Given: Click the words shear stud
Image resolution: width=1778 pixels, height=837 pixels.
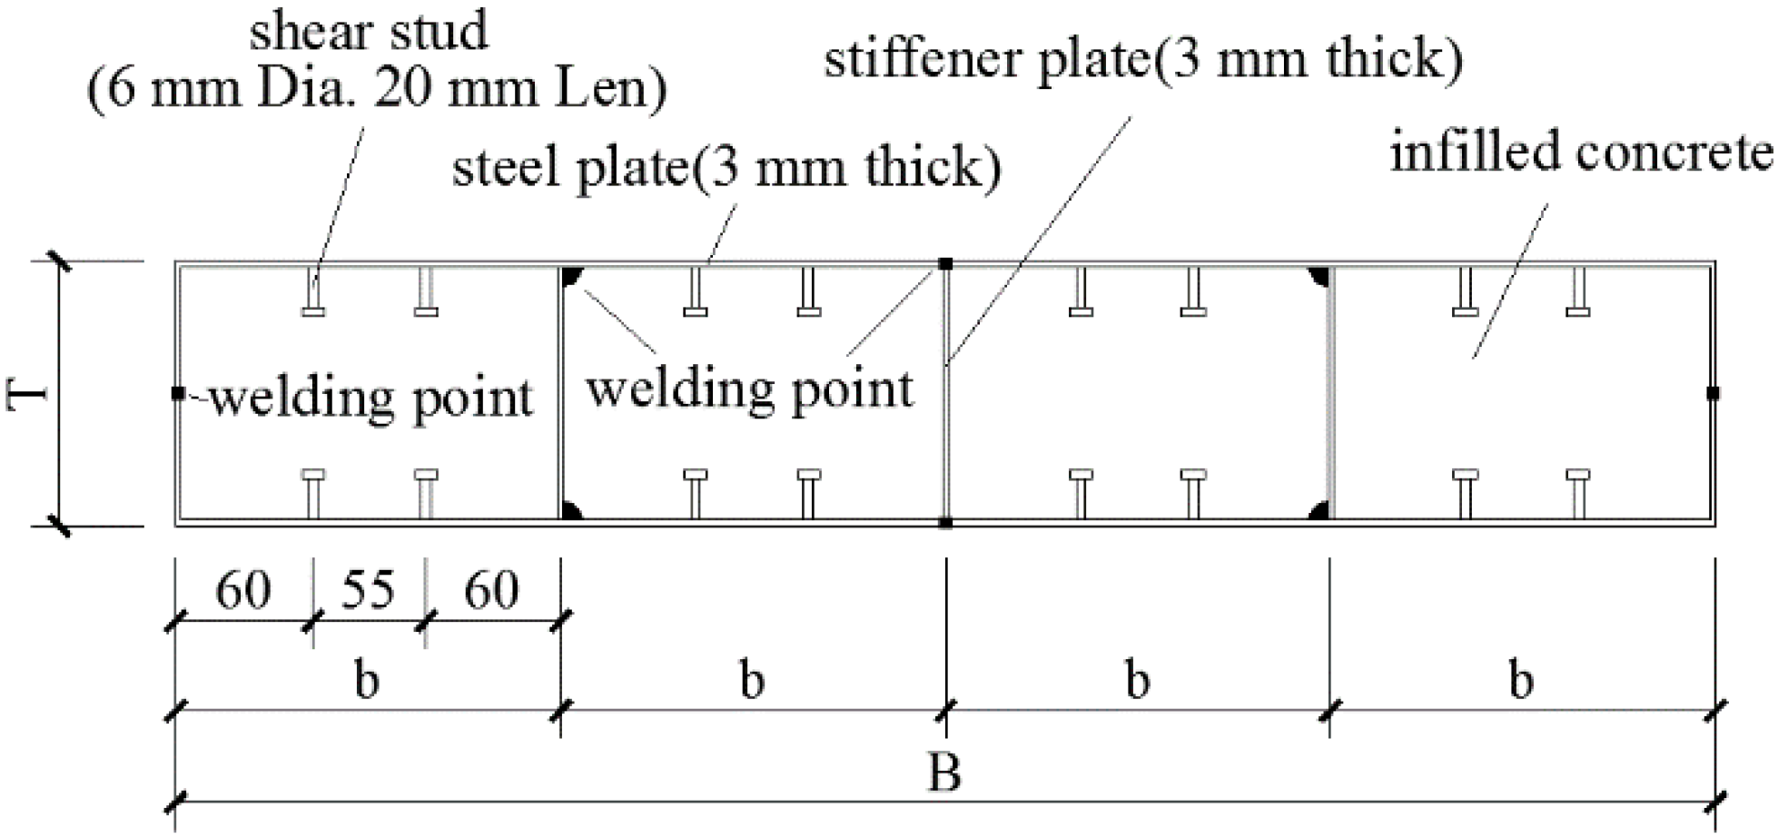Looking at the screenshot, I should point(369,33).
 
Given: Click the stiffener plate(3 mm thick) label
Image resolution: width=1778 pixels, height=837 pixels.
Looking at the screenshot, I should point(1143,60).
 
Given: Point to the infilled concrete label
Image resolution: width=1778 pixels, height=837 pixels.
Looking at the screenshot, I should point(1580,153).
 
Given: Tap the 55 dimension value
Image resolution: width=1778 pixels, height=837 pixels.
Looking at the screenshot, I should point(368,590).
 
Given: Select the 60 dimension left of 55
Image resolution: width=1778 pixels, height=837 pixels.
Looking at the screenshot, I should point(242,591).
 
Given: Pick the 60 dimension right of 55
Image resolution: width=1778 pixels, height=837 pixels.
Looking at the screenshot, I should point(491,591).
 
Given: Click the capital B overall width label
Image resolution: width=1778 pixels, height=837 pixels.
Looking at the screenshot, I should point(944,774).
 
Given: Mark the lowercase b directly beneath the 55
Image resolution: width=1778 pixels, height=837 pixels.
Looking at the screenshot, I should point(367,680).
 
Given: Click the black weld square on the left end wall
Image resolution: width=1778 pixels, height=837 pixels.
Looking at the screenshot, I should point(178,393).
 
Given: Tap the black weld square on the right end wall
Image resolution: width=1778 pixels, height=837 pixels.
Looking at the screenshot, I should point(1713,393).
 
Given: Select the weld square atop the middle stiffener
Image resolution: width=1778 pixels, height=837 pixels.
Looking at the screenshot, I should point(945,264).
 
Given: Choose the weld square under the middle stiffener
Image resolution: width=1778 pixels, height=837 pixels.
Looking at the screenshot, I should point(945,523).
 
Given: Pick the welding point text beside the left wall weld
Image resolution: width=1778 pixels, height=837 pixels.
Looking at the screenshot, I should point(371,399).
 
